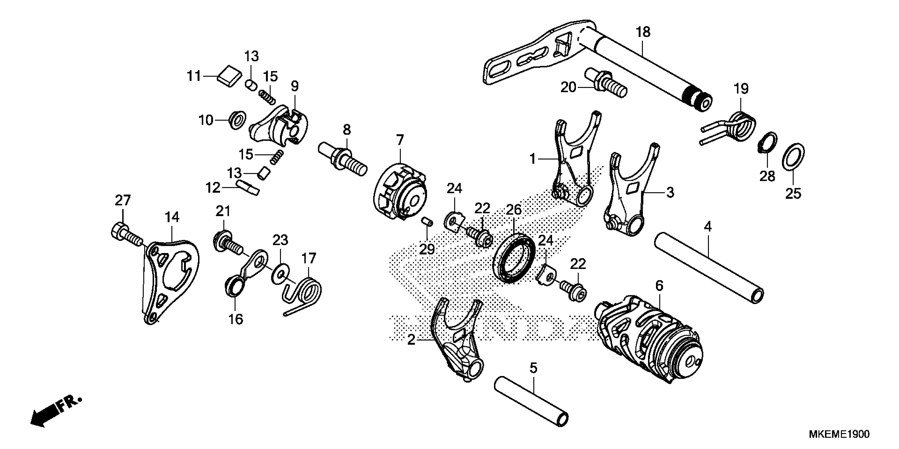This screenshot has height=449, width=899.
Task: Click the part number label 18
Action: (x=643, y=32)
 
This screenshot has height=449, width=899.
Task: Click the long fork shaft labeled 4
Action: (x=708, y=268)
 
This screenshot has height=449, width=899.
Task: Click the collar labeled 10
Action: (x=238, y=120)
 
